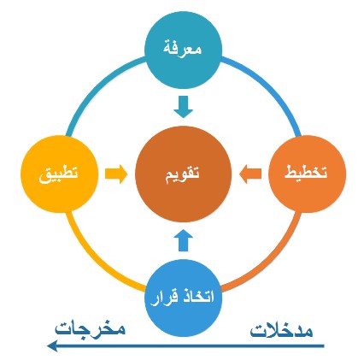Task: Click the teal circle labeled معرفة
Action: (183, 50)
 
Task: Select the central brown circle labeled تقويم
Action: (183, 174)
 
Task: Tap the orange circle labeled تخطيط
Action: (308, 174)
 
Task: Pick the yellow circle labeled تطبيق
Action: (60, 174)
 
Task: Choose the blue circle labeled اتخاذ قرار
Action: (183, 298)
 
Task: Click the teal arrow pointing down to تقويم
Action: (184, 107)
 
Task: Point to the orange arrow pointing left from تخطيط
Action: (250, 174)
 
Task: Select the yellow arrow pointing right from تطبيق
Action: (116, 174)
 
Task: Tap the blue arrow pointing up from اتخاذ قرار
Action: (184, 240)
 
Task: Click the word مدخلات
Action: (281, 331)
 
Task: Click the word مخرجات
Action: (90, 329)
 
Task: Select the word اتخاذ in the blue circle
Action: (197, 297)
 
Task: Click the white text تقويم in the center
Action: (183, 174)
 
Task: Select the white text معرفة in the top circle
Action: (183, 49)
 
